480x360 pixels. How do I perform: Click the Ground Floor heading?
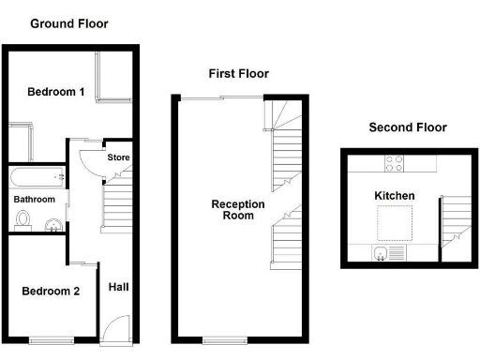[x=68, y=23]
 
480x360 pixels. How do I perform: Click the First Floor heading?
[x=238, y=73]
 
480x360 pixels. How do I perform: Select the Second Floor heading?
[x=407, y=127]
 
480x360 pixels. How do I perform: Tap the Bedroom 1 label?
[x=56, y=92]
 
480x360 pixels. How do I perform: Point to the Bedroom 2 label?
[x=51, y=291]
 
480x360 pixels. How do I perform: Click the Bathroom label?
[x=34, y=200]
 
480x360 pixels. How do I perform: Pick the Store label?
[x=118, y=157]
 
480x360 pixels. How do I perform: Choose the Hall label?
[x=119, y=287]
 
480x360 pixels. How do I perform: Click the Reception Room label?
[x=238, y=209]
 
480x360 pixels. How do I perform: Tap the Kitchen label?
[x=395, y=196]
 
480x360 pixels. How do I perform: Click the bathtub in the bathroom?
[x=37, y=176]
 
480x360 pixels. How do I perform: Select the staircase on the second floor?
[x=455, y=220]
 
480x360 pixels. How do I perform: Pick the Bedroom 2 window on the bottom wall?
[x=49, y=338]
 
